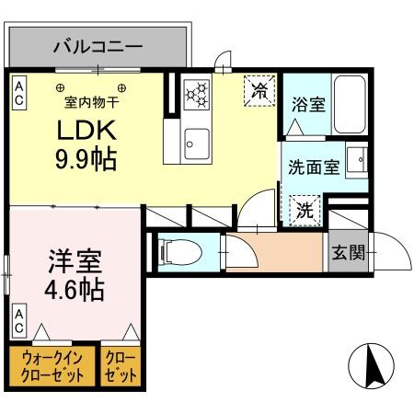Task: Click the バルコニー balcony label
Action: click(x=98, y=44)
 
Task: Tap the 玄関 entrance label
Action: click(x=349, y=251)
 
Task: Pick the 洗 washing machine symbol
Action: click(x=305, y=209)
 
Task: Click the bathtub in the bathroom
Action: click(x=350, y=105)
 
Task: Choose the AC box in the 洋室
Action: click(x=19, y=319)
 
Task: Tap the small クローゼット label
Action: click(x=121, y=366)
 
